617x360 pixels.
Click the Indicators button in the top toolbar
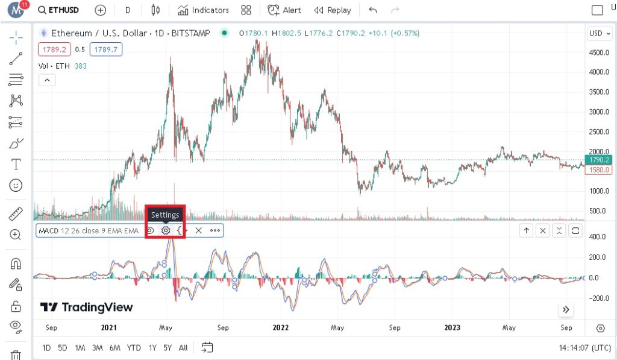(x=204, y=10)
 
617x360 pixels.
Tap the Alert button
(x=284, y=10)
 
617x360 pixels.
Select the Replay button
(x=333, y=10)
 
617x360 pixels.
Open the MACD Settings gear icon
(x=166, y=230)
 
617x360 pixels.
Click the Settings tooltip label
(x=165, y=215)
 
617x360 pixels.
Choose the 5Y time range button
(x=168, y=348)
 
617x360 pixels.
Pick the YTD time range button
(x=134, y=348)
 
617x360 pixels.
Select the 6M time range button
(x=115, y=348)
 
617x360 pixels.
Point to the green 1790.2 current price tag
(x=600, y=160)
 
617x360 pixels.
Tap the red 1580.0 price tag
(x=600, y=169)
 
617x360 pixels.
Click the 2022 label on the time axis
(x=280, y=327)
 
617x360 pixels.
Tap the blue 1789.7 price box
(x=106, y=49)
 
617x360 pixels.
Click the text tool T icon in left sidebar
(x=16, y=164)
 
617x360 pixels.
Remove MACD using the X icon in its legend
(x=198, y=230)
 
